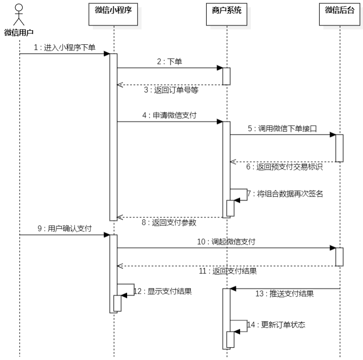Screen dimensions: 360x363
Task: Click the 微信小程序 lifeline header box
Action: point(113,10)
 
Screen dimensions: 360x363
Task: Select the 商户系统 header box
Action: point(226,10)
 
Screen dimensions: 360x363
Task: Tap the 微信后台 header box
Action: point(339,10)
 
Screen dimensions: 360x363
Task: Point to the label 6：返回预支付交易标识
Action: point(284,167)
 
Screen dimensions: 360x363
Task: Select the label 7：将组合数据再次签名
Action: point(285,194)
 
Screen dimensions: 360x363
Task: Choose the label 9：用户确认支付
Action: point(65,229)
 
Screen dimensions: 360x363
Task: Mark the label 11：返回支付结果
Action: point(228,271)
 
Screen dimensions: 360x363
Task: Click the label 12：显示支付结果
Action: point(162,291)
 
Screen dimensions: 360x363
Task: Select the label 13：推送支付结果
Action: point(284,294)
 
